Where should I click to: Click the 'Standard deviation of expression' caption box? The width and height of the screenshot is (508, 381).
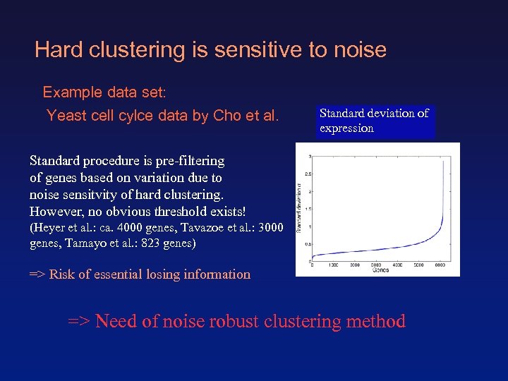(375, 121)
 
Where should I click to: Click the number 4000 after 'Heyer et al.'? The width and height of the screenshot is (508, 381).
(142, 228)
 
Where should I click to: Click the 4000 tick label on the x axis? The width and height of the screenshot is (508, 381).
(398, 265)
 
